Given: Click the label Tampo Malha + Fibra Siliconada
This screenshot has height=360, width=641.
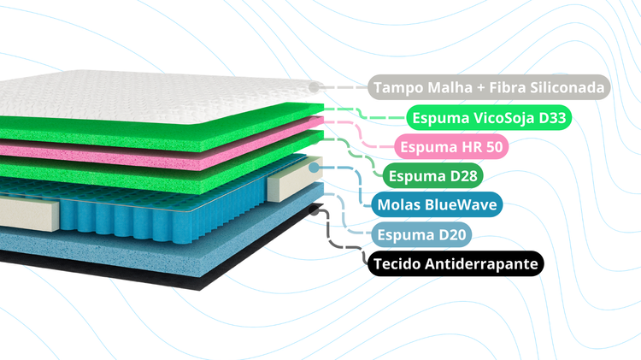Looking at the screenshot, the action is [x=489, y=87].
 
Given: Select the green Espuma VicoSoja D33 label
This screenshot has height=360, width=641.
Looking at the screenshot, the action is [x=489, y=118].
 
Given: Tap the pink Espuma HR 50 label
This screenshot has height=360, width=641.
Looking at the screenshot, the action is [x=451, y=146].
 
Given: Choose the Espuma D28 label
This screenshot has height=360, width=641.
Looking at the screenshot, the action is [x=433, y=176].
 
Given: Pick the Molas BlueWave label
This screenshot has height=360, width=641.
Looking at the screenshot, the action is [x=437, y=204].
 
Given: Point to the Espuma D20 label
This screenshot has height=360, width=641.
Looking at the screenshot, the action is [x=421, y=235].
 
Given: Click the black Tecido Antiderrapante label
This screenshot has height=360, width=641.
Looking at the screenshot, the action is [x=456, y=264].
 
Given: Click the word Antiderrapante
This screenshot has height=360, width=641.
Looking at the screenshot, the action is [x=481, y=265].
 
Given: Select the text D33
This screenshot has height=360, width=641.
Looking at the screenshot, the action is [x=552, y=118].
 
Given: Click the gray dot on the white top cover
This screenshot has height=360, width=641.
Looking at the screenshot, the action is [x=314, y=86].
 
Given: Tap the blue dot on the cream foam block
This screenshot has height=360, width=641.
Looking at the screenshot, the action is [x=314, y=168].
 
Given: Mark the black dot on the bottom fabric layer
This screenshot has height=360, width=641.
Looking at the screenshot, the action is [x=314, y=210].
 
